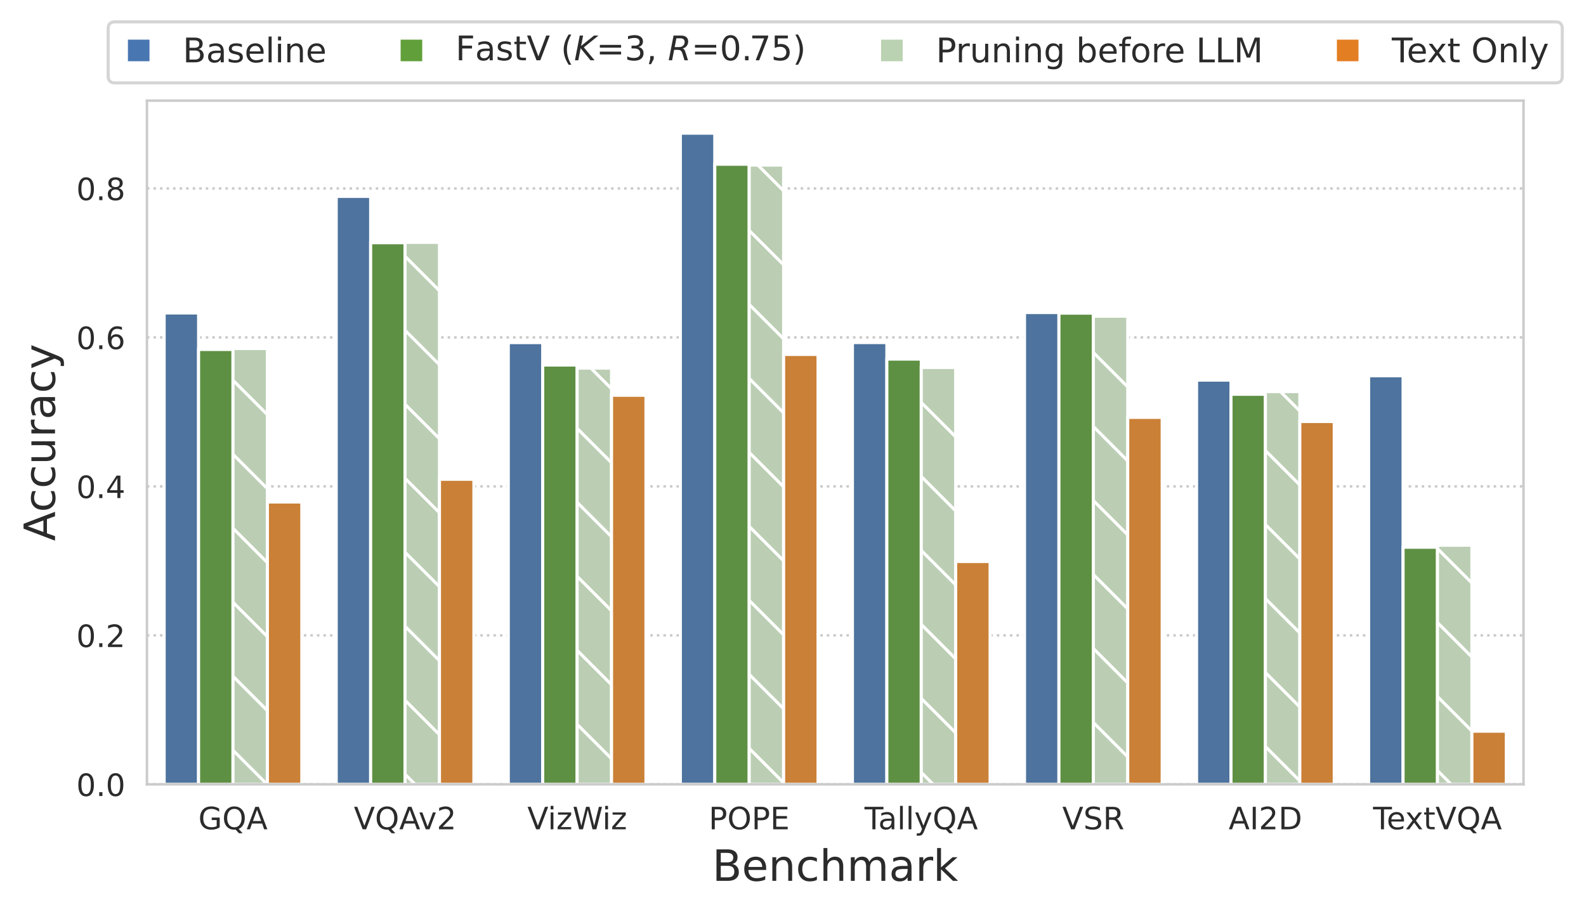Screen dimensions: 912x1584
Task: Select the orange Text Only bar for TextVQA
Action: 1489,758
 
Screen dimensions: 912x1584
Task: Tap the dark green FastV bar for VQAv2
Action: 388,514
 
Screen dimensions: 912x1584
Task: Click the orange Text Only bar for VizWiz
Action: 628,590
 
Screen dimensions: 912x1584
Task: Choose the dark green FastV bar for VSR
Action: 1076,549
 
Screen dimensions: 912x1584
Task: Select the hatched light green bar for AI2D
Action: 1282,588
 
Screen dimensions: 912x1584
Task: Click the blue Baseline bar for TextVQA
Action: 1385,580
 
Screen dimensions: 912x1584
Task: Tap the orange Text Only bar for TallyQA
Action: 972,673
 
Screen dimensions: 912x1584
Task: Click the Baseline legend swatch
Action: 139,51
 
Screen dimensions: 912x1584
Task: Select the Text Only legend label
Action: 1469,51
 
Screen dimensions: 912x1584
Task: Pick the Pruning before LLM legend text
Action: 1099,51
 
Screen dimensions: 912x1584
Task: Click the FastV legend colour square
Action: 412,51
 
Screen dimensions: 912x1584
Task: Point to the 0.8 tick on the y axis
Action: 100,190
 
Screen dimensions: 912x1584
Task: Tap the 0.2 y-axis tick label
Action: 100,636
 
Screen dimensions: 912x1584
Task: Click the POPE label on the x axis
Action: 749,819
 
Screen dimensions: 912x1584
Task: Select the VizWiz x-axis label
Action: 577,819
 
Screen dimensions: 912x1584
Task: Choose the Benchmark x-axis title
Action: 835,866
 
